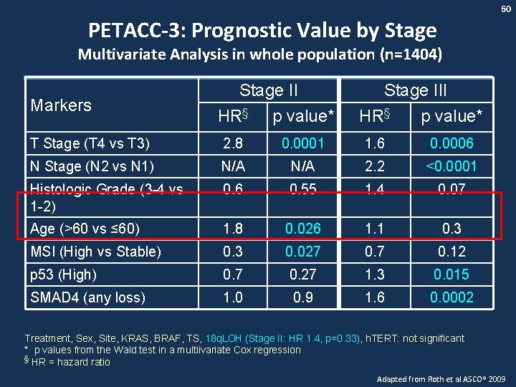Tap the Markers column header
coord(61,105)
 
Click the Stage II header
coord(269,90)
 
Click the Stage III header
coord(416,90)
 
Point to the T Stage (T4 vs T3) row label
coord(90,143)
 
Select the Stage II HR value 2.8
coord(232,143)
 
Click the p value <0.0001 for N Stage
coord(451,166)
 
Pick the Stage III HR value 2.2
coord(375,166)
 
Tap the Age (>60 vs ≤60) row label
coord(85,229)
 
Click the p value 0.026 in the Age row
coord(302,229)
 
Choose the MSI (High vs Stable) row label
coord(95,252)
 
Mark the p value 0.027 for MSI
coord(302,252)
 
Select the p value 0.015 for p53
coord(451,274)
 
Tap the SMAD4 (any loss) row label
coord(87,297)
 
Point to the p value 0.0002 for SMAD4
coord(451,297)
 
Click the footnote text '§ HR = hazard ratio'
coord(67,362)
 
